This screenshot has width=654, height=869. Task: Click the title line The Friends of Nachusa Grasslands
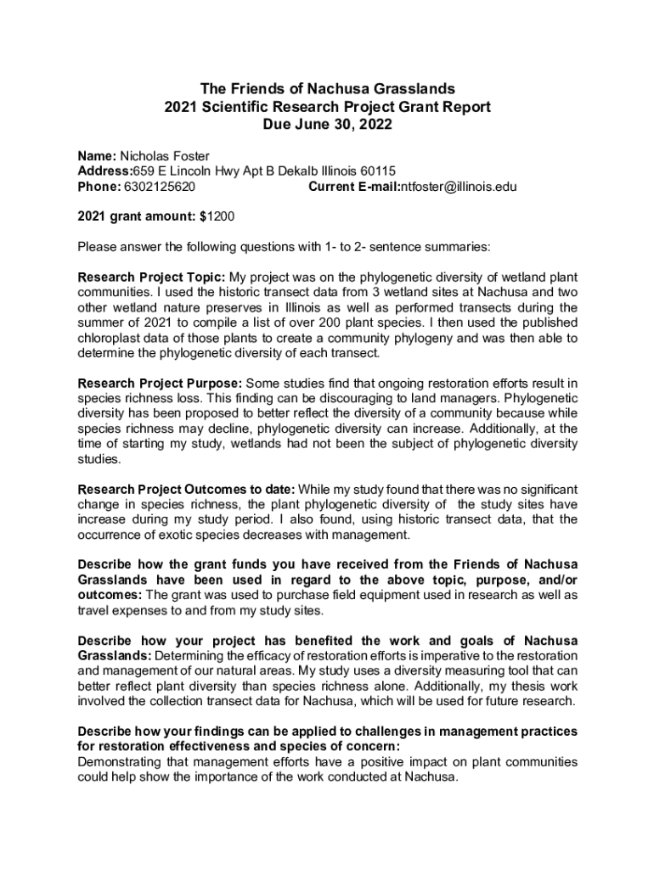[327, 88]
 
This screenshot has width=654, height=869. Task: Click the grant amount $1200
[216, 216]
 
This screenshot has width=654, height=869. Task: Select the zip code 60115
[378, 171]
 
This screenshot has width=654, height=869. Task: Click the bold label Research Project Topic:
[152, 278]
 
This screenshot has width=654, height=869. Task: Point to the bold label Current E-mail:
[353, 187]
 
